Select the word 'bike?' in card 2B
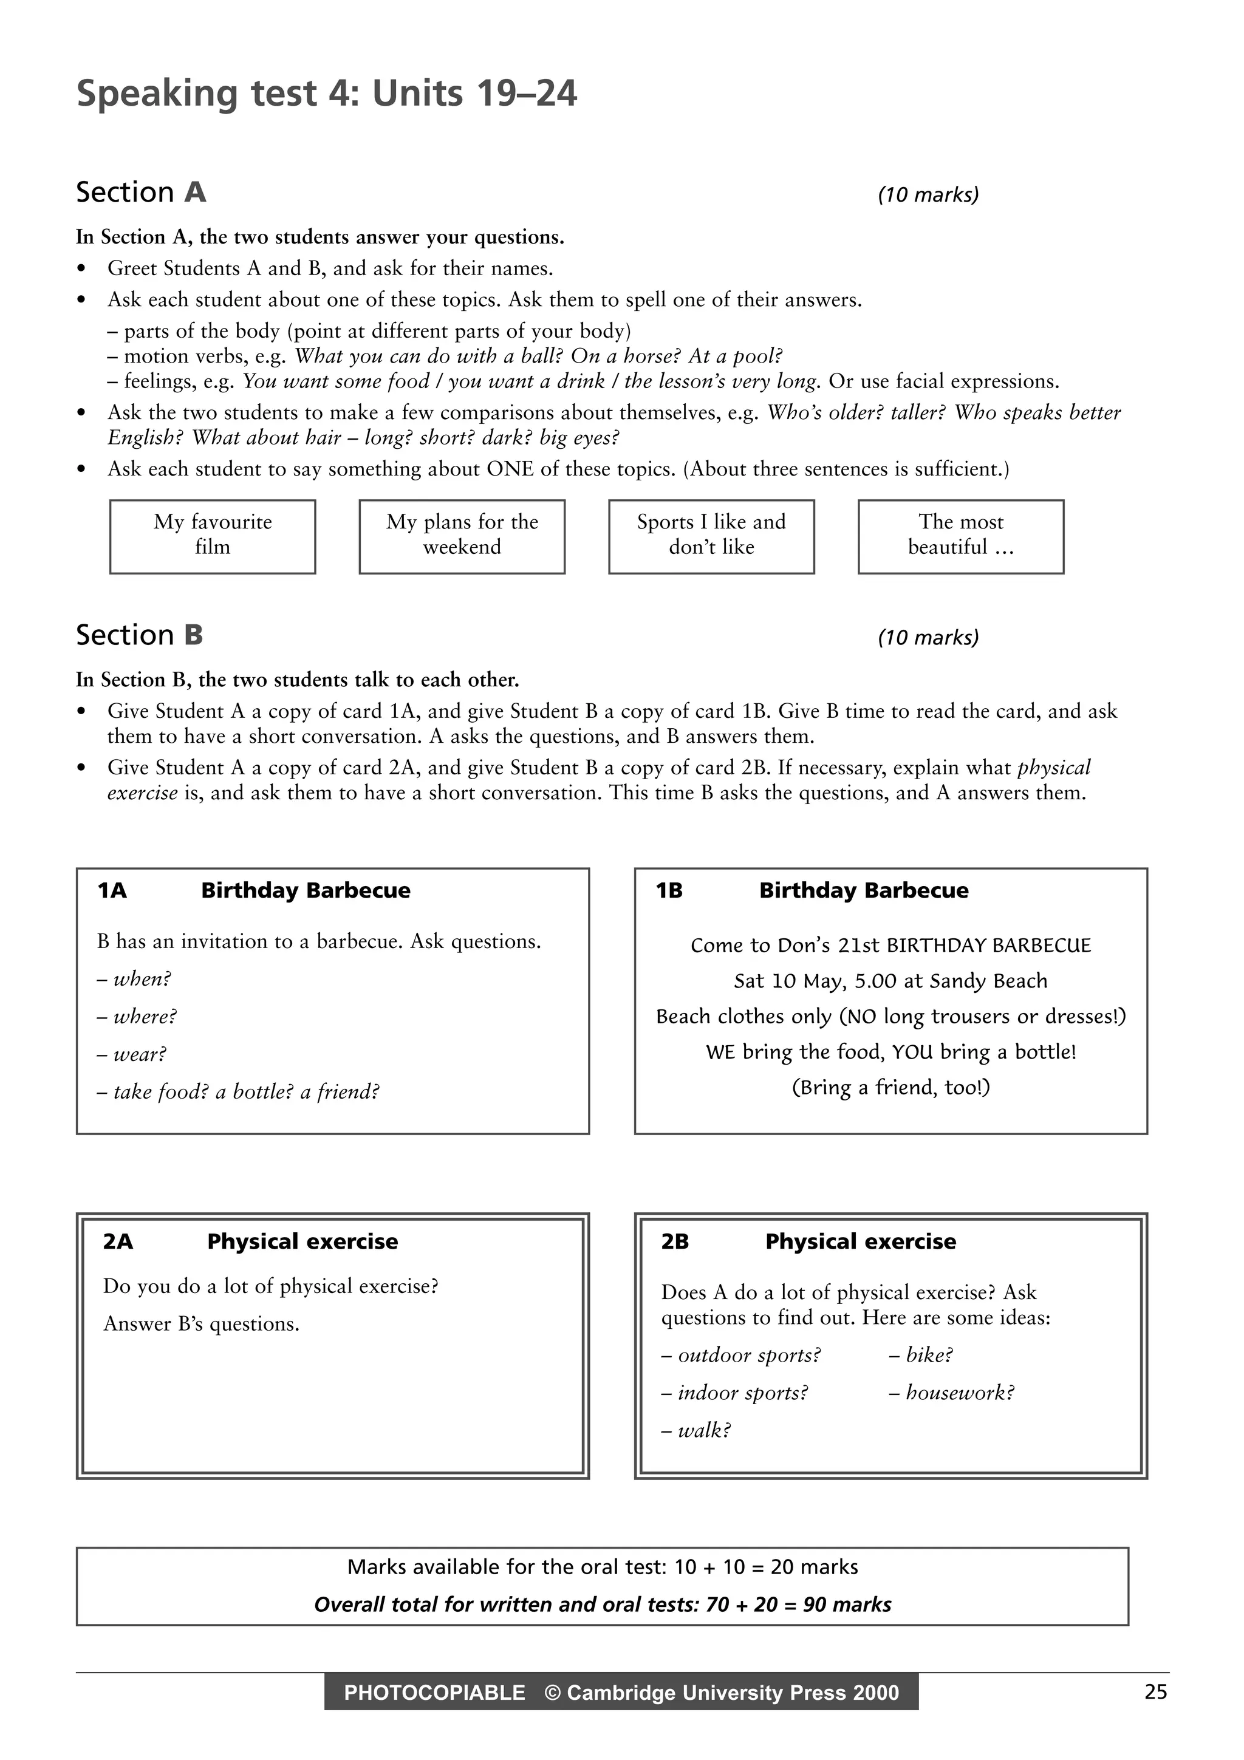(x=929, y=1354)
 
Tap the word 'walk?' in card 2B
(x=703, y=1430)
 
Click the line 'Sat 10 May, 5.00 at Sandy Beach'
(x=890, y=980)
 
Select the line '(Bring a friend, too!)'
(x=890, y=1087)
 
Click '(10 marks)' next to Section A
(x=928, y=195)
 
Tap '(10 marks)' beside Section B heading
(x=928, y=638)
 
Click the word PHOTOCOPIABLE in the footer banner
(x=434, y=1692)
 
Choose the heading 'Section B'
(x=140, y=635)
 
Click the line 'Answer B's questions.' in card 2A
(x=201, y=1324)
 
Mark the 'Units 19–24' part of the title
(x=474, y=94)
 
